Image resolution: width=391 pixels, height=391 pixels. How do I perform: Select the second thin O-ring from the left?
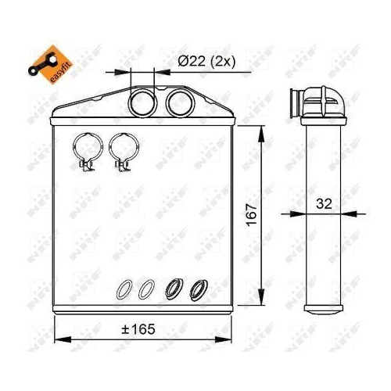point(145,289)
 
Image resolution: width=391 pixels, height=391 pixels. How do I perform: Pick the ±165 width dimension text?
point(139,329)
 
